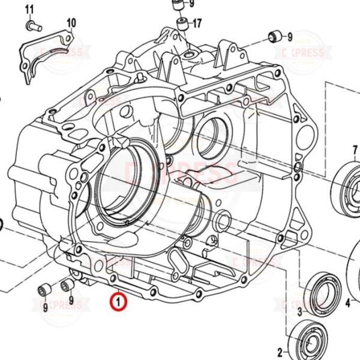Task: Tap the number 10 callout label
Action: [71, 23]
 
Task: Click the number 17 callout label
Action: [197, 24]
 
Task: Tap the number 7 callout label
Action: [356, 149]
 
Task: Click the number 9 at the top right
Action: [289, 37]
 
